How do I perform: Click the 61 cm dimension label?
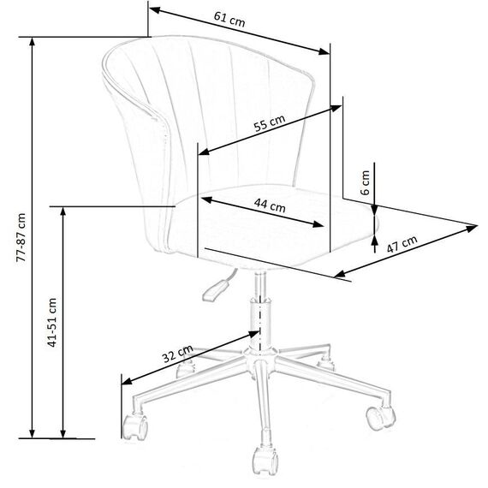pyautogui.click(x=229, y=20)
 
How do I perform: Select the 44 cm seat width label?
pyautogui.click(x=270, y=205)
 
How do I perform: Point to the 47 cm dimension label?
pyautogui.click(x=402, y=244)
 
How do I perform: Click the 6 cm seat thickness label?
pyautogui.click(x=365, y=182)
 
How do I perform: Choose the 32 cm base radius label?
pyautogui.click(x=178, y=354)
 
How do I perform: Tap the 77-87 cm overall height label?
pyautogui.click(x=21, y=237)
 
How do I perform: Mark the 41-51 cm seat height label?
pyautogui.click(x=52, y=323)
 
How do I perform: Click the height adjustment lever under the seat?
pyautogui.click(x=216, y=290)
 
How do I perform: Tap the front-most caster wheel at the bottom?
pyautogui.click(x=265, y=461)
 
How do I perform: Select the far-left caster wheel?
pyautogui.click(x=135, y=427)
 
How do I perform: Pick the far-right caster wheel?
pyautogui.click(x=380, y=418)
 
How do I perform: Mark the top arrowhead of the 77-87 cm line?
pyautogui.click(x=32, y=43)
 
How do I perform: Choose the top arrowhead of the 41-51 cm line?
pyautogui.click(x=62, y=212)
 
